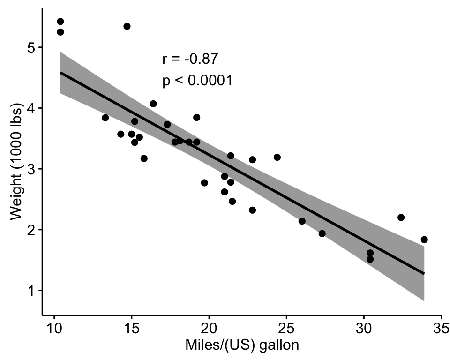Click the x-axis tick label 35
pos(441,327)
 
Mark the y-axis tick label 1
pos(31,291)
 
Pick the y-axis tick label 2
pos(31,230)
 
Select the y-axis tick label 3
pos(31,169)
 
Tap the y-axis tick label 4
pos(31,108)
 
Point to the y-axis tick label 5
pos(31,47)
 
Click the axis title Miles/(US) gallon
pos(242,345)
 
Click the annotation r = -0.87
pos(190,59)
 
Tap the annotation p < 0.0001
pos(197,81)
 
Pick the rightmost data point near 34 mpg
pos(424,240)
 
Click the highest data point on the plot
pos(60,22)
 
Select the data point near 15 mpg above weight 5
pos(127,26)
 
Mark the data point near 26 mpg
pos(302,221)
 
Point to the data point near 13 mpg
pos(105,118)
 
